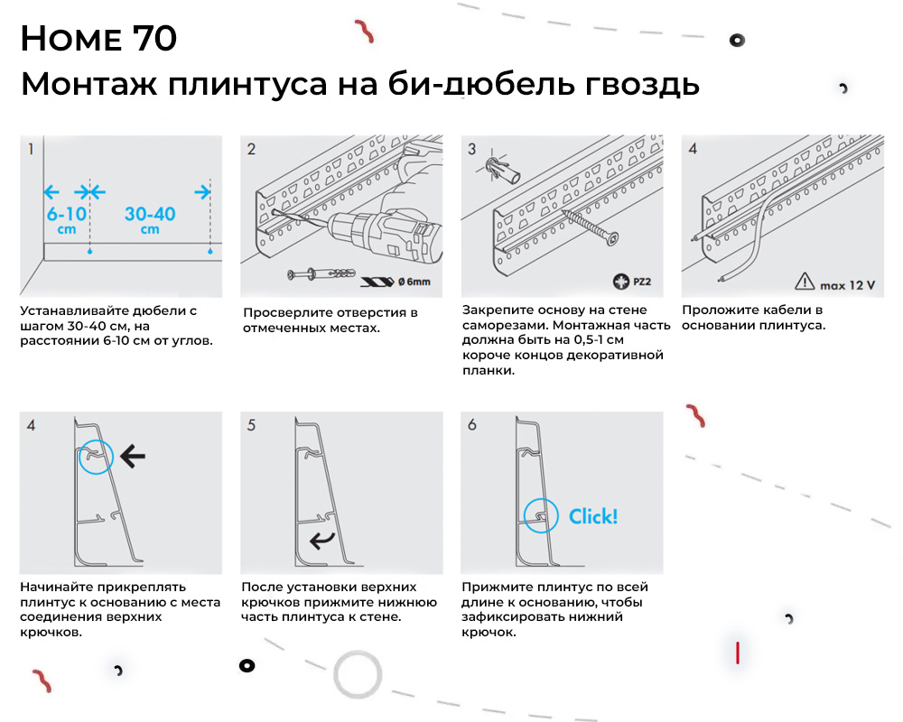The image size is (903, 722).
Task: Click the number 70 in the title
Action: click(x=154, y=39)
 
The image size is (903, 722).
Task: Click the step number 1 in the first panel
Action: click(x=31, y=149)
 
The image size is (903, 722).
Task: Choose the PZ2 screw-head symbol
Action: click(x=619, y=282)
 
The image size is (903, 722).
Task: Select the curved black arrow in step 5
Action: click(x=321, y=541)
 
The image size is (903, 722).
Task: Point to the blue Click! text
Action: click(x=593, y=516)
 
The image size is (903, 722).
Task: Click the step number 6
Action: click(x=472, y=424)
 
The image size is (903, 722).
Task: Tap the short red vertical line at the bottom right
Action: click(x=739, y=653)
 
